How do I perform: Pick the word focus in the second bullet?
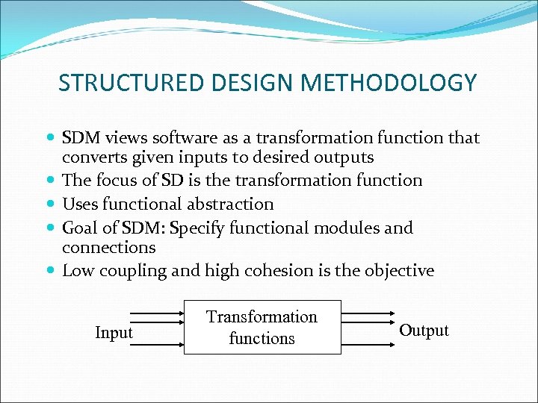pyautogui.click(x=119, y=181)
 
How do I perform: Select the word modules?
pyautogui.click(x=351, y=227)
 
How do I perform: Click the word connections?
pyautogui.click(x=108, y=247)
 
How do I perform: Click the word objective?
pyautogui.click(x=399, y=271)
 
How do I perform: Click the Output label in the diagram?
pyautogui.click(x=424, y=331)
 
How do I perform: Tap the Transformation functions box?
pyautogui.click(x=262, y=327)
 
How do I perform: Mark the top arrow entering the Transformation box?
pyautogui.click(x=157, y=313)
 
